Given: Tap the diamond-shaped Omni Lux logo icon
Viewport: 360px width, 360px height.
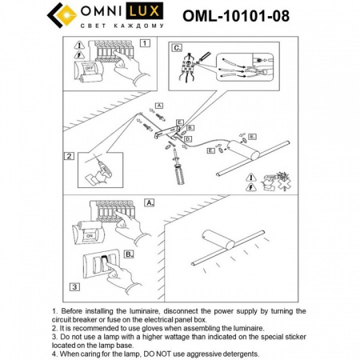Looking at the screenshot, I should click(62, 15).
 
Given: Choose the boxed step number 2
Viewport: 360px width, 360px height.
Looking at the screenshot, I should click(70, 156).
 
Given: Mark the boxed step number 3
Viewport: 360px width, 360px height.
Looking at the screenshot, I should click(74, 286).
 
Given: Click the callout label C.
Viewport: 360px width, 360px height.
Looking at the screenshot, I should click(176, 47).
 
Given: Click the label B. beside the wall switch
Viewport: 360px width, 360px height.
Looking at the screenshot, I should click(127, 254).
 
